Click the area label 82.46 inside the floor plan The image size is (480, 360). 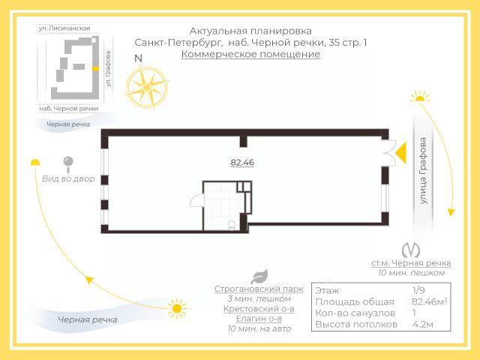click(242, 162)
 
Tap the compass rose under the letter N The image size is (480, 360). click(146, 85)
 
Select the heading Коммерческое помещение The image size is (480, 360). click(250, 54)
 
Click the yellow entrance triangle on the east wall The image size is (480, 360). click(401, 152)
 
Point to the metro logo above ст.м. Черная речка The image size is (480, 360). click(410, 250)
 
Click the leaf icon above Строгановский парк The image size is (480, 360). click(259, 276)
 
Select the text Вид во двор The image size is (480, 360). click(68, 178)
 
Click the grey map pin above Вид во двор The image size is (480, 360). click(68, 163)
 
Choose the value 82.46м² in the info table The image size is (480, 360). click(430, 301)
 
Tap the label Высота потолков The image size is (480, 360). click(355, 325)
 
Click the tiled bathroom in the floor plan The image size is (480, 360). click(224, 201)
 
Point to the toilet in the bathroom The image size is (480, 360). click(231, 223)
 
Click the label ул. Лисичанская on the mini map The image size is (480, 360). click(65, 28)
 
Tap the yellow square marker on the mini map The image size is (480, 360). click(95, 67)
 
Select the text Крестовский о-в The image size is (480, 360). click(259, 308)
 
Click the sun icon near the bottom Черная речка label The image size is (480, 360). click(177, 307)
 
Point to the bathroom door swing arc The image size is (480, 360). click(194, 200)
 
